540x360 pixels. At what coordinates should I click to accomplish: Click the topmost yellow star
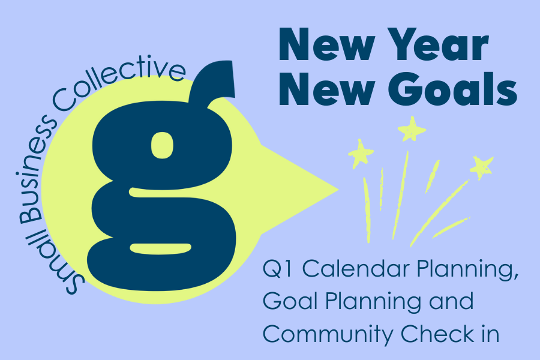tap(412, 128)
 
